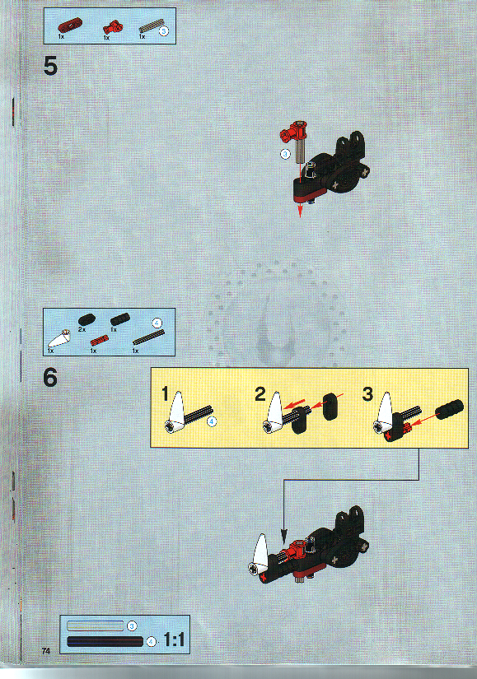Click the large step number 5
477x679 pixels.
click(50, 66)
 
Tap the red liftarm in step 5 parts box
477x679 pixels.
click(67, 26)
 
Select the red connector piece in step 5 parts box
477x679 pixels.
click(108, 27)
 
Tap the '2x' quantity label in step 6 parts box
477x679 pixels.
click(82, 329)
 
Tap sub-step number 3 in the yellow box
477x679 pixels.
click(367, 394)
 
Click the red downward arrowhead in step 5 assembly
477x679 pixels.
click(300, 212)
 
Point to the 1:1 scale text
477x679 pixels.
click(174, 639)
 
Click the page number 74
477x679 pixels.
click(48, 651)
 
